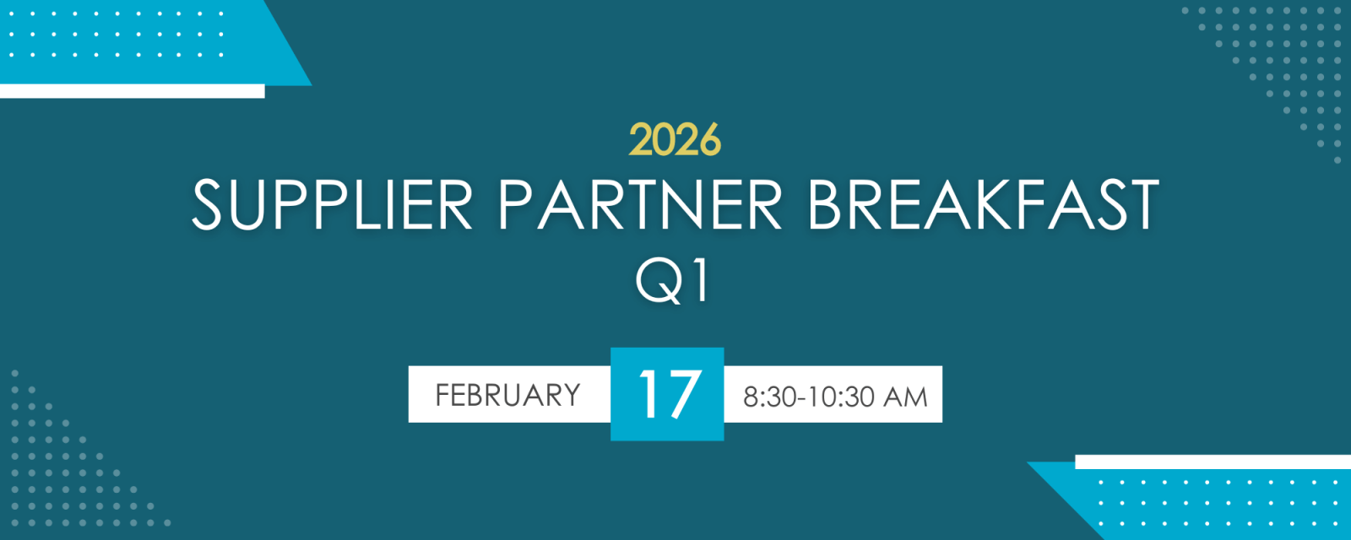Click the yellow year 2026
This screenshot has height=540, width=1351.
point(675,139)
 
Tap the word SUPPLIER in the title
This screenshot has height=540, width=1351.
point(333,204)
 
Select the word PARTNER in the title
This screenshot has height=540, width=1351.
point(640,204)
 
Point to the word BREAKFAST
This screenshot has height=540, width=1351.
point(983,204)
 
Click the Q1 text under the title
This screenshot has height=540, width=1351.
point(672,282)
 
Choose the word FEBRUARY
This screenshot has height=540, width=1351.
point(507,396)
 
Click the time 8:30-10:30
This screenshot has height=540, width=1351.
point(809,397)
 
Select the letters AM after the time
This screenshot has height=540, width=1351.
point(905,397)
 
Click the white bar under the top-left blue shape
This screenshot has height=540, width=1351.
point(132,91)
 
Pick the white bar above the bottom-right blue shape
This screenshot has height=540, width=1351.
point(1213,462)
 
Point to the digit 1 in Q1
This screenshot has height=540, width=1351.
point(702,282)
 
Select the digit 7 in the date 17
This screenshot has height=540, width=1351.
point(683,394)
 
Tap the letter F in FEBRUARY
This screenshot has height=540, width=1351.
point(442,396)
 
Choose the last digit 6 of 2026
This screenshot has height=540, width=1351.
point(710,140)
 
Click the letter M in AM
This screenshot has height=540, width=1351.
point(916,397)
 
